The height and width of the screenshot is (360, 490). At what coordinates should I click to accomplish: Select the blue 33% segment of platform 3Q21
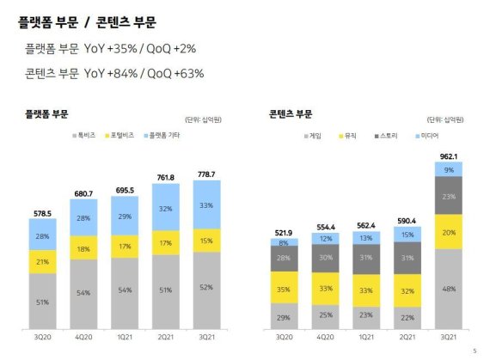(x=206, y=205)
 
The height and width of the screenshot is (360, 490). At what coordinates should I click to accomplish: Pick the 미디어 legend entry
(x=431, y=136)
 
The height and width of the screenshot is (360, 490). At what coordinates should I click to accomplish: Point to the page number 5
(x=474, y=350)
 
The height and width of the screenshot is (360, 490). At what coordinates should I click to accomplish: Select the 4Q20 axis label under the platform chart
(x=83, y=339)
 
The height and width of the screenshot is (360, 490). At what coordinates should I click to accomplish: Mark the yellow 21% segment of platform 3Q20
(x=42, y=258)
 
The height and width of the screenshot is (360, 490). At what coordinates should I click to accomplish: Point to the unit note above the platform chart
(x=201, y=119)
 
